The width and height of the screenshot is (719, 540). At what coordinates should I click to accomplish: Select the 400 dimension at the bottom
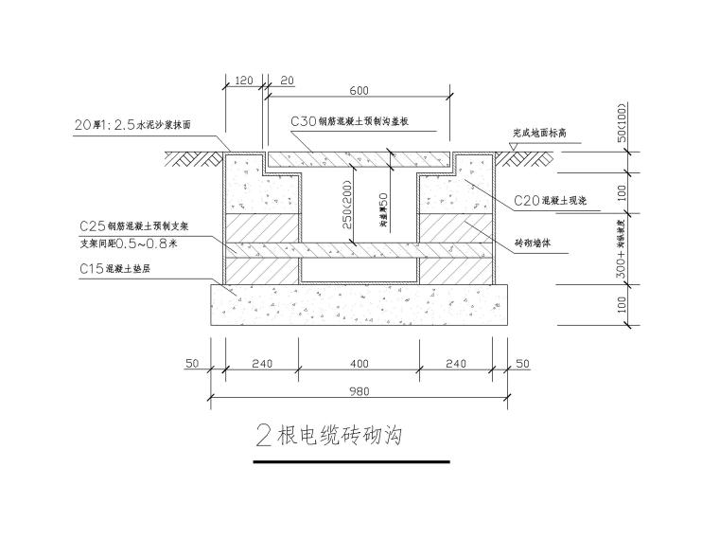tap(359, 362)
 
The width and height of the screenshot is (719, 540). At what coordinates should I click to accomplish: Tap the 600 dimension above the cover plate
tap(359, 90)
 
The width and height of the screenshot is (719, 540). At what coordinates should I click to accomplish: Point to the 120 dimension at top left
tap(242, 81)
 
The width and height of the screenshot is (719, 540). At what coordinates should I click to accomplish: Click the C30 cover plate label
tap(349, 121)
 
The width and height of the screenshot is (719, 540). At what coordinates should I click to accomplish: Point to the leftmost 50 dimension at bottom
tap(193, 362)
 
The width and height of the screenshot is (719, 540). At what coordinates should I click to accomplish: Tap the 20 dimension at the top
tap(288, 81)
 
